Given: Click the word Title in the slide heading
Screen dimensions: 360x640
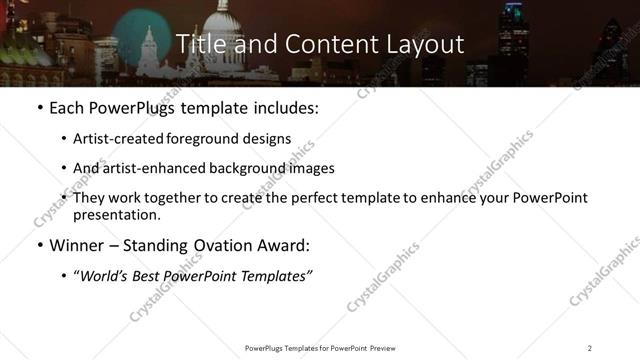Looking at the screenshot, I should point(200,44).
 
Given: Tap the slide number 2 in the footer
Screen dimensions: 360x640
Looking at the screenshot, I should point(589,348).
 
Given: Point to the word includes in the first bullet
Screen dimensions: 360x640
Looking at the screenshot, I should point(283,108).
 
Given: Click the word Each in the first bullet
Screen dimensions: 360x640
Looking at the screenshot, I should point(67,108).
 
